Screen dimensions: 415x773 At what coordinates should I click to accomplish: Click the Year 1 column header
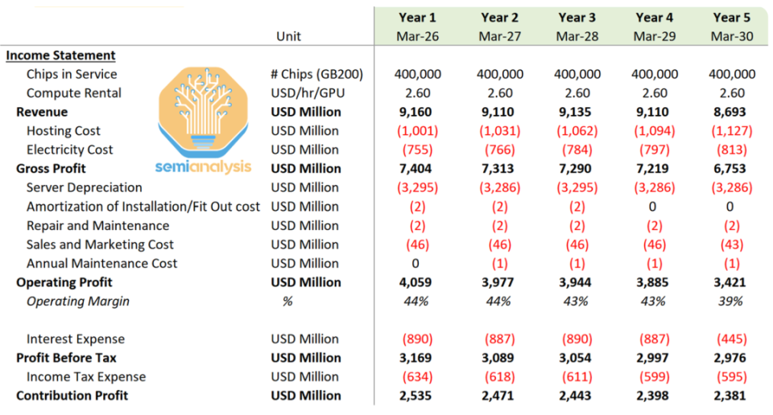[417, 18]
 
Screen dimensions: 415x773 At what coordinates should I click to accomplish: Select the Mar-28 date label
[577, 37]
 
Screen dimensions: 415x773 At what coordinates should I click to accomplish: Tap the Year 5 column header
[732, 18]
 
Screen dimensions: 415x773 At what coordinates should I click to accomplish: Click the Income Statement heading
[61, 55]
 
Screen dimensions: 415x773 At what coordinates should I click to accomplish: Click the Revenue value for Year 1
[417, 112]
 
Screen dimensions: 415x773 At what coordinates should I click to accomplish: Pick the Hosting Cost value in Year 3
[577, 131]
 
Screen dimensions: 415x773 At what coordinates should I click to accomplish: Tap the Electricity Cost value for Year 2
[500, 150]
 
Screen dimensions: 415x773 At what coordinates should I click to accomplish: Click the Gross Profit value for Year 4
[653, 169]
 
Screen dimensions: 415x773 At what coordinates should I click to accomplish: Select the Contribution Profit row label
[72, 396]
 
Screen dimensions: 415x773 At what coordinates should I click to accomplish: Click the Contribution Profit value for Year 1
[417, 396]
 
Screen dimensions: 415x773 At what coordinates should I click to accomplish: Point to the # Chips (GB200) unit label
[316, 74]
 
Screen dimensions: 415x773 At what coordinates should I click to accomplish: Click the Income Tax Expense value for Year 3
[577, 377]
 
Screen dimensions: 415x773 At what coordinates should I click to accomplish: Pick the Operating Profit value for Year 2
[500, 282]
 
